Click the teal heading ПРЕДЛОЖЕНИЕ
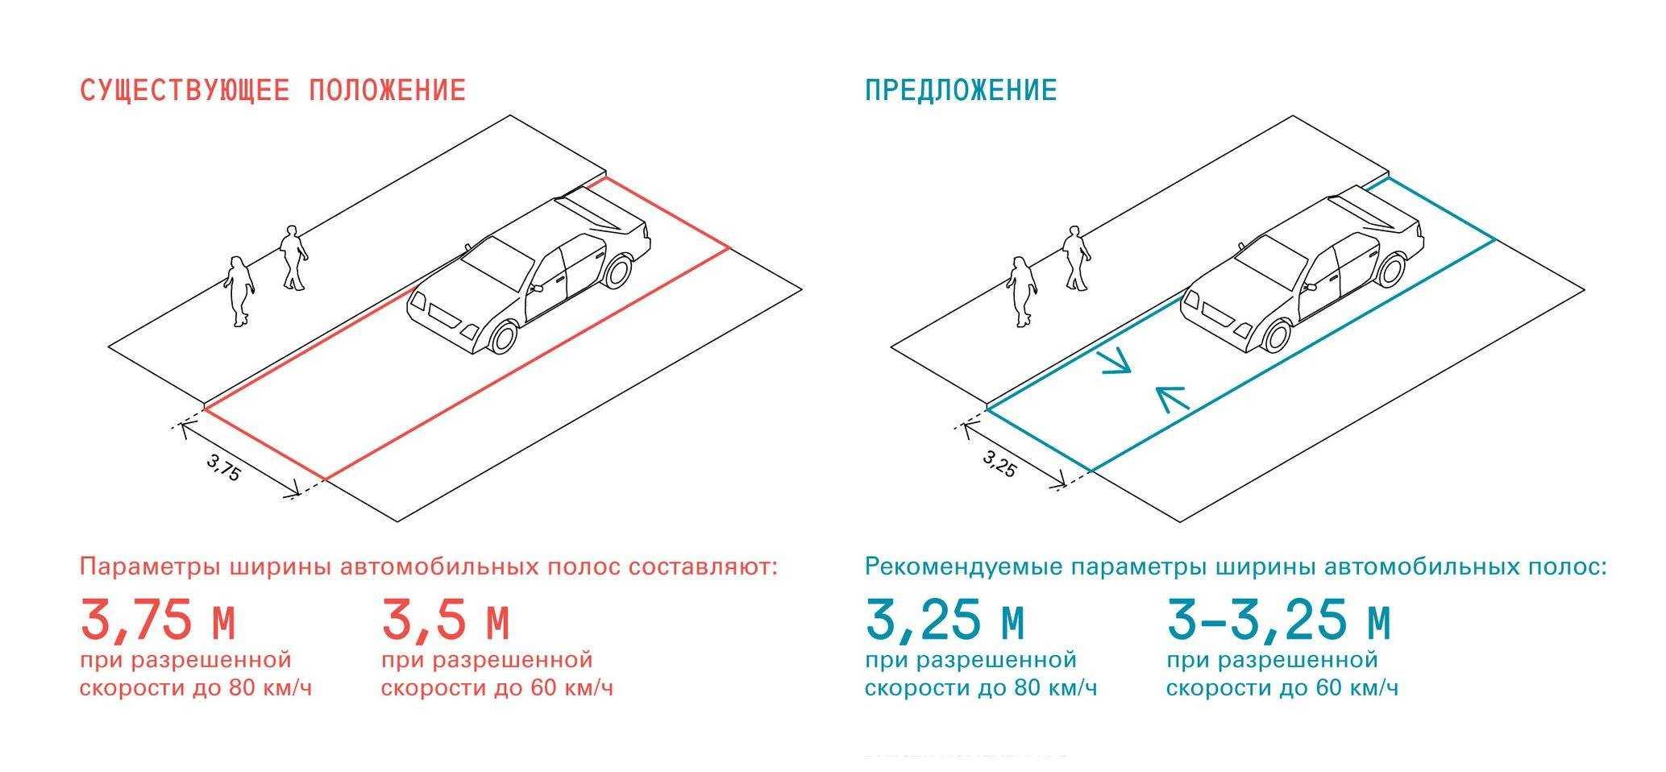coord(961,89)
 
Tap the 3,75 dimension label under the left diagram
coord(223,467)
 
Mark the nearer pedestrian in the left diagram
coord(239,292)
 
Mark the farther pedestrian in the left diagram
coord(293,258)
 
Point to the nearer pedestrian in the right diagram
coord(1022,292)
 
